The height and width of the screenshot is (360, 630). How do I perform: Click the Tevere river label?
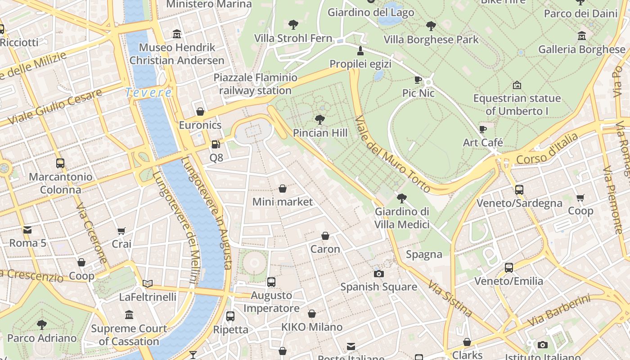148,93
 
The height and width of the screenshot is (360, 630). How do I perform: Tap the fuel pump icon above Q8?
216,144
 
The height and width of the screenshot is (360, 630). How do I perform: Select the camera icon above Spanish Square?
379,274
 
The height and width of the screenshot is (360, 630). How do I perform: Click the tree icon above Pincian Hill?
320,120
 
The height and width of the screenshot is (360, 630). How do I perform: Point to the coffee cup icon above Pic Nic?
418,80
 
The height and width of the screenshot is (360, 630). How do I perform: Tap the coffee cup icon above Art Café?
483,130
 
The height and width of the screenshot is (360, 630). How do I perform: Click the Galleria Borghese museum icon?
582,36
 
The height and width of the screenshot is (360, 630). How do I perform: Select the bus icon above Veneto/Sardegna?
519,190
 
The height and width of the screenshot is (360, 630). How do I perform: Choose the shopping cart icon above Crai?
121,231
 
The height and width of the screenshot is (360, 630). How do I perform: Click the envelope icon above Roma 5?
27,230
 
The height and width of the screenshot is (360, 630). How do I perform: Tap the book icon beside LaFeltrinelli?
148,283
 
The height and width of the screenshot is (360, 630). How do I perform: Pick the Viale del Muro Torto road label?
393,154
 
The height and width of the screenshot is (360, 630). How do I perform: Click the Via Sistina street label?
450,299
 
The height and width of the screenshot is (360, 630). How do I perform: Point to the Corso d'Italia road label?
547,149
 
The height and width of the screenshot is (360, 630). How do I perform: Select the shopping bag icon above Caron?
325,236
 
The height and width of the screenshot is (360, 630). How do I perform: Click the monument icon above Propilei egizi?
360,50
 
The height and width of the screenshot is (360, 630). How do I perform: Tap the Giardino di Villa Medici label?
402,218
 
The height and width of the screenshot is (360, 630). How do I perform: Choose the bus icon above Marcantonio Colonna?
60,163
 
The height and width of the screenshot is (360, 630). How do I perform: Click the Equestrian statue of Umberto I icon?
517,85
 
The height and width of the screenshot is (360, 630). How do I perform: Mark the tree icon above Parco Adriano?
42,324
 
